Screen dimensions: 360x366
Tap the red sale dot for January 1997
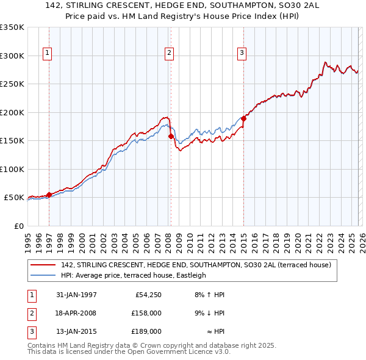point(49,195)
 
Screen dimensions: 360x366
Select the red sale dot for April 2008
point(171,136)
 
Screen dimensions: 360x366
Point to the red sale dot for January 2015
point(243,118)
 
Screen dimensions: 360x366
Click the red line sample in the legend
point(44,265)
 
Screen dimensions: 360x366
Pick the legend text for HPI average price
point(134,275)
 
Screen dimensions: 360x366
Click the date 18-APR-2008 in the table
point(76,313)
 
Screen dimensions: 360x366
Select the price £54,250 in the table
point(147,295)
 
